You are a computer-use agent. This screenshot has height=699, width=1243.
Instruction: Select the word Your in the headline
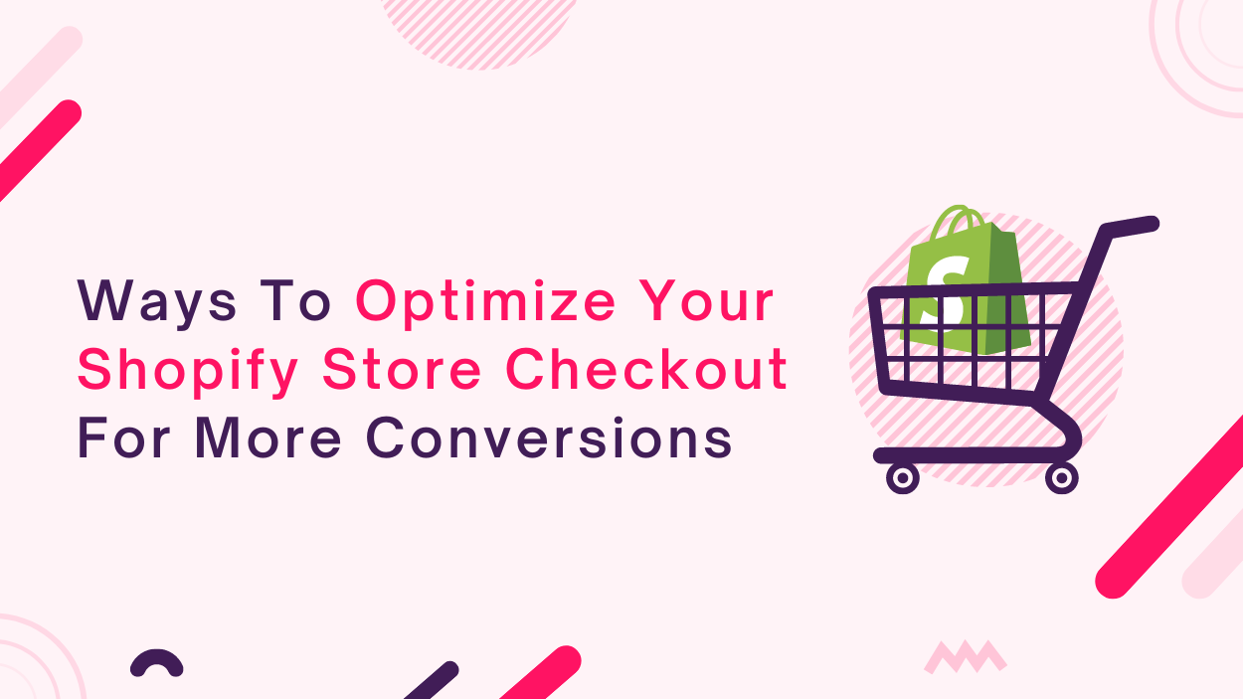706,300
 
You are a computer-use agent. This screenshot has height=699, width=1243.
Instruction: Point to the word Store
402,368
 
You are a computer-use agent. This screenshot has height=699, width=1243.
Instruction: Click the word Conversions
549,437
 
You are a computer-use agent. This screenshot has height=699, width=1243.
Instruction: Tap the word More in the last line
267,437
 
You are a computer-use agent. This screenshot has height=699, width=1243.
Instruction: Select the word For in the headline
123,437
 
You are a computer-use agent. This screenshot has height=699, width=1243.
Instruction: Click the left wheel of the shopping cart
902,477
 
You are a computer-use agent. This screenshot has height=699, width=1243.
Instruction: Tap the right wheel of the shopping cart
1062,477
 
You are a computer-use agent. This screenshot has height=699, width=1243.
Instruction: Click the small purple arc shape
156,662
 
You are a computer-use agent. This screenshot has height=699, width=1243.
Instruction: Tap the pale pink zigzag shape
965,657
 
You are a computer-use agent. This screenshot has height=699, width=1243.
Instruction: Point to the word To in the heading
294,300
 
